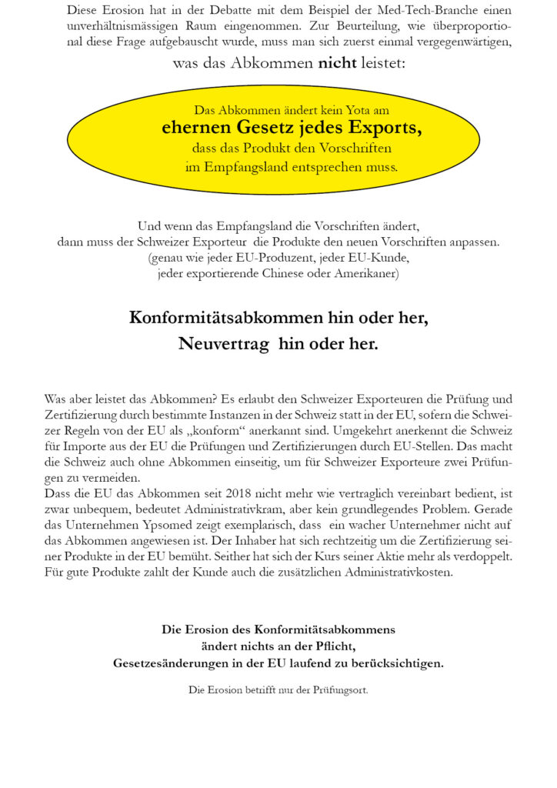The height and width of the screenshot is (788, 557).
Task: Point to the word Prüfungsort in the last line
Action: tap(338, 689)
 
